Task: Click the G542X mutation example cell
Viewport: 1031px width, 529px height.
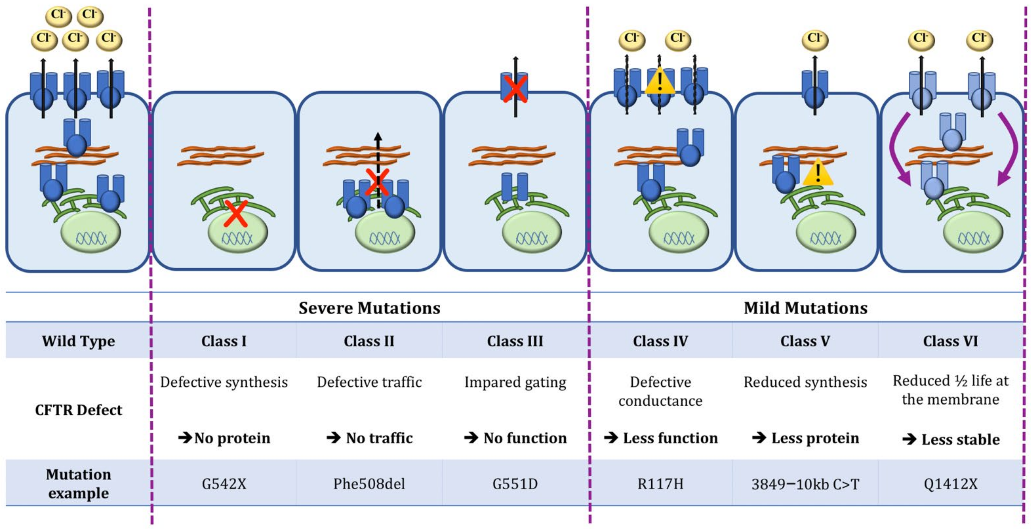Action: [x=224, y=484]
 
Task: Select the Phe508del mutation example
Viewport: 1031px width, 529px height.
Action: [x=369, y=484]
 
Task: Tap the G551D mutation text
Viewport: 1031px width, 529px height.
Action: [x=515, y=484]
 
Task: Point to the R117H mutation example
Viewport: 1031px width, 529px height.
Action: [x=660, y=484]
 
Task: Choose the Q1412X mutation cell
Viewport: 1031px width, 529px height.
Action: [x=950, y=484]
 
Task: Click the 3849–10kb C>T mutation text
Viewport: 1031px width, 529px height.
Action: [x=805, y=485]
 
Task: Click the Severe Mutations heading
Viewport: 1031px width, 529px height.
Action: [x=369, y=308]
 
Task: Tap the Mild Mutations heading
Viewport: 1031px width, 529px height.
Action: [x=805, y=308]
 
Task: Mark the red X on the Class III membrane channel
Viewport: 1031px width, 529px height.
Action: [x=515, y=89]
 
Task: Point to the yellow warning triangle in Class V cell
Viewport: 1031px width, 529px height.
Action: [x=818, y=173]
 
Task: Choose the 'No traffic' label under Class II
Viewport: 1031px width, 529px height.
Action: [x=369, y=438]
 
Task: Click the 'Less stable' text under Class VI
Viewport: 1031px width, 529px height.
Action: [x=950, y=439]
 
